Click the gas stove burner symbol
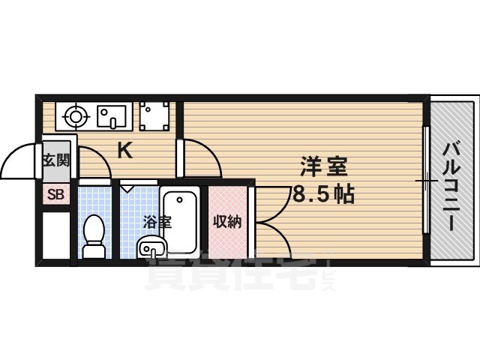pos(75,117)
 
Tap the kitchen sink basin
pos(112,117)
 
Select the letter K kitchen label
pos(125,150)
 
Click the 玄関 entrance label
pos(56,160)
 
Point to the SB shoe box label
pos(56,194)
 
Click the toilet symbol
pos(94,235)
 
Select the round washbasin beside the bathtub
pos(151,247)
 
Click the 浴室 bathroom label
pos(157,222)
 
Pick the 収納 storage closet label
pos(227,221)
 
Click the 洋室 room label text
pos(324,166)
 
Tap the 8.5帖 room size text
pos(324,193)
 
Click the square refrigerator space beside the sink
pos(154,116)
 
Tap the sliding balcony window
pos(426,180)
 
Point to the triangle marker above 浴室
pos(127,187)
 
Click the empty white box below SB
pos(56,235)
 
